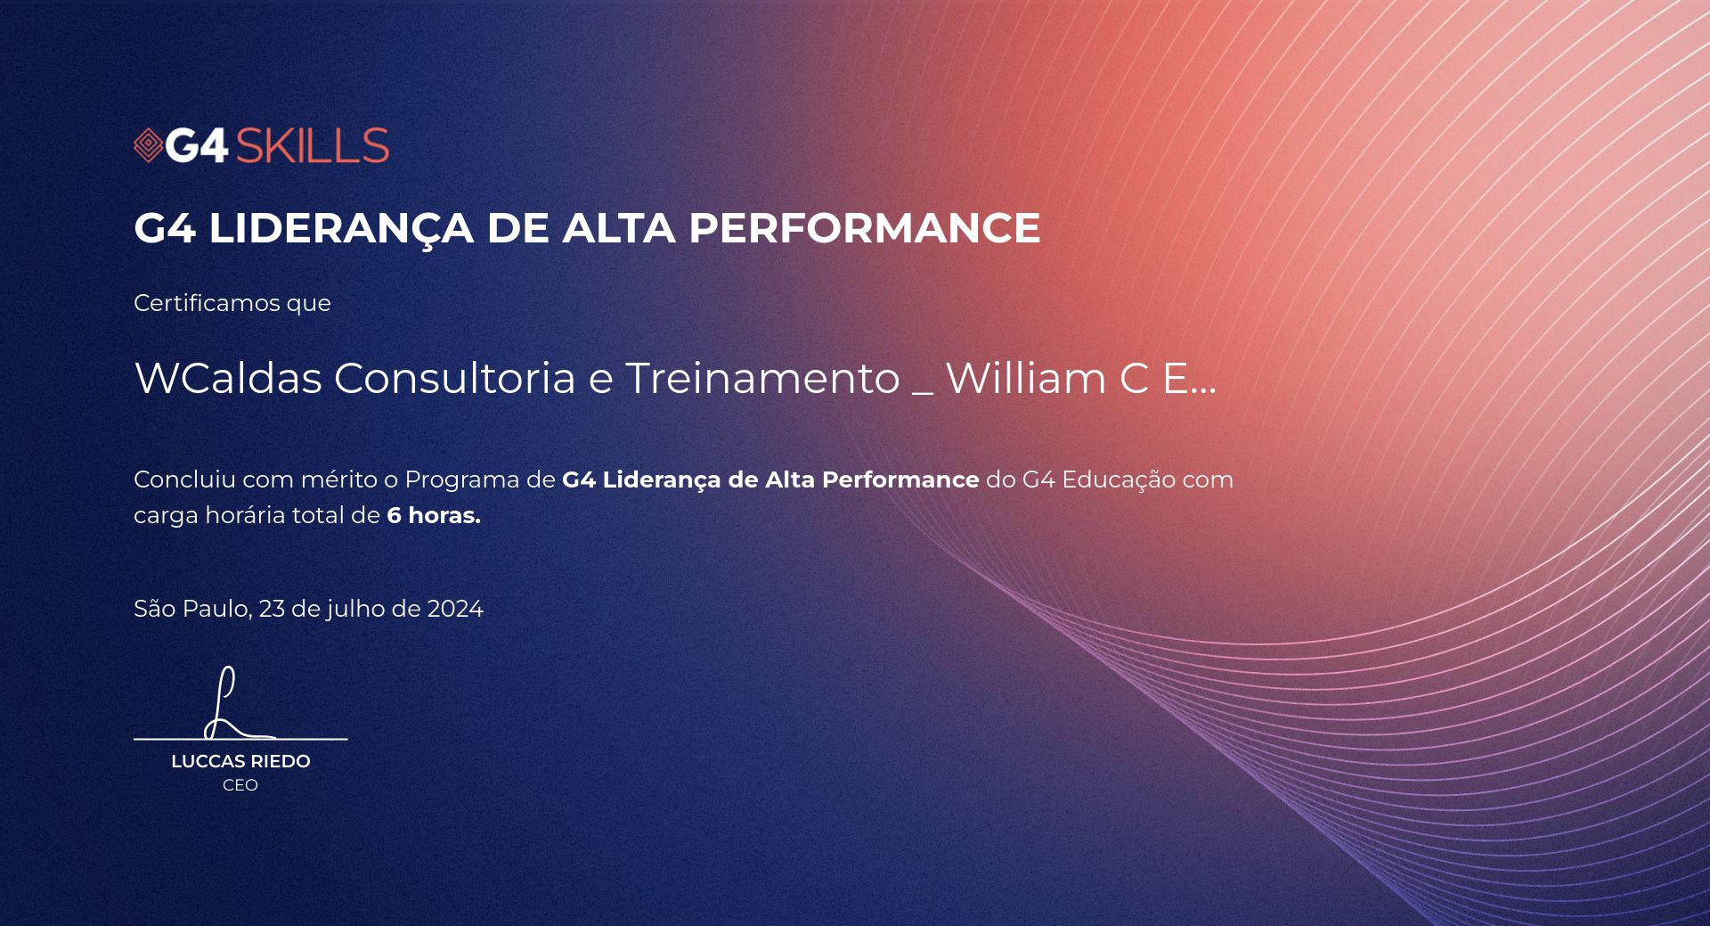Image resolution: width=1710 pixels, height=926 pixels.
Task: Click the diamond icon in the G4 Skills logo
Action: point(148,146)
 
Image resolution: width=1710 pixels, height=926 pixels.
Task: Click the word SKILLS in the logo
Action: point(312,146)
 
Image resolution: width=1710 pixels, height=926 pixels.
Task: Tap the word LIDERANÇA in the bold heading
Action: point(341,229)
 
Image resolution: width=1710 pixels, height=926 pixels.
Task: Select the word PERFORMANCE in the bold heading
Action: point(864,227)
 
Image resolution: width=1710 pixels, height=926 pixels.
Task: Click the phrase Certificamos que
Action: point(232,303)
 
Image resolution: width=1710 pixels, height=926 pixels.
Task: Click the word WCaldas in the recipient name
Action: point(228,378)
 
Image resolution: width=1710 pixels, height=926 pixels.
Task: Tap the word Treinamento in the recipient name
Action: point(763,378)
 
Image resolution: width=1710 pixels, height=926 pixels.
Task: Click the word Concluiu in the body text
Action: point(184,479)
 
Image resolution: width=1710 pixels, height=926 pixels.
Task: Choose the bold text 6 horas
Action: point(434,515)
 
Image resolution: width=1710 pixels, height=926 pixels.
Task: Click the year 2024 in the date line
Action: point(455,609)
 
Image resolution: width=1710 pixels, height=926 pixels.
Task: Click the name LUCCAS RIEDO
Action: point(240,761)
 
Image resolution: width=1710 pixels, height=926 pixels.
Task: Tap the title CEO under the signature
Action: point(240,785)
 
